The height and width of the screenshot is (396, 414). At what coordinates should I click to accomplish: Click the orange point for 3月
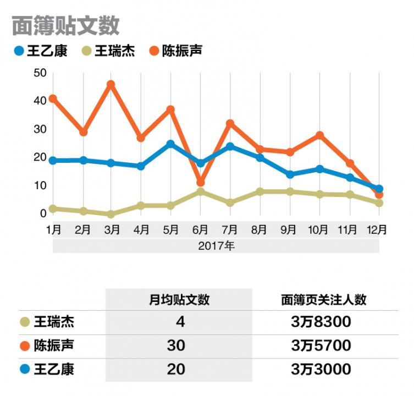(111, 85)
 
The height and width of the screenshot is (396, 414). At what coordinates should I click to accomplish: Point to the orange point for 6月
(201, 182)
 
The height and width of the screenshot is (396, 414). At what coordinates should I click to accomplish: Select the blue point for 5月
(171, 144)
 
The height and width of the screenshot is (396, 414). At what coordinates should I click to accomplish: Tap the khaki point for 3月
(111, 214)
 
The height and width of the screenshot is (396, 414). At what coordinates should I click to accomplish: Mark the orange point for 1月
(53, 99)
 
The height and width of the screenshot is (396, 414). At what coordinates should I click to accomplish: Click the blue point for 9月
(290, 174)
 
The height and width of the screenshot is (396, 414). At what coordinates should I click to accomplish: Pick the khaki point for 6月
(201, 191)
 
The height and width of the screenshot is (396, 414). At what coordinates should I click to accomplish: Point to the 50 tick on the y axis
(40, 73)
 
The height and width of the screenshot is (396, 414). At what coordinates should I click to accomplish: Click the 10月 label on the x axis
(319, 229)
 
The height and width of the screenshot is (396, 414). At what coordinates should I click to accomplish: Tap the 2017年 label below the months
(216, 246)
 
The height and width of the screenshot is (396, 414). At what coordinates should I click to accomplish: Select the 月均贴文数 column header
(179, 300)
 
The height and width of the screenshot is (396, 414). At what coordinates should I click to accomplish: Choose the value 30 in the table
(176, 345)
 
